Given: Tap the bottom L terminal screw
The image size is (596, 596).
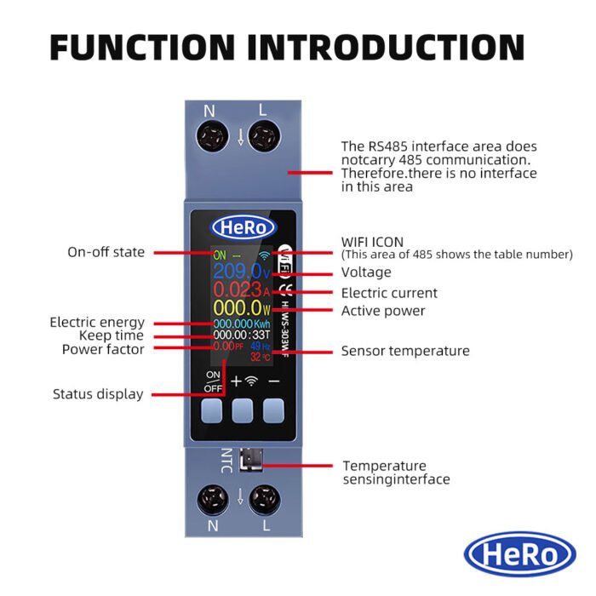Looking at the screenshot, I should click(266, 499).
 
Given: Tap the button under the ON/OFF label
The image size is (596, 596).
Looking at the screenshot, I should click(213, 412).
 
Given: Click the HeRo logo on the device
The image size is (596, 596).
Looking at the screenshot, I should click(244, 227).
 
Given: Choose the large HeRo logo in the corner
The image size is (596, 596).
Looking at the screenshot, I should click(520, 554).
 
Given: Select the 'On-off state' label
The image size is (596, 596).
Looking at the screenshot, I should click(106, 253).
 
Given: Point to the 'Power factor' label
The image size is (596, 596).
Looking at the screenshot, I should click(103, 349).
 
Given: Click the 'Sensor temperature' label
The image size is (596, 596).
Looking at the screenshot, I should click(405, 351).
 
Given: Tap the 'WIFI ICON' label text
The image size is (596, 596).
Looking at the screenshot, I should click(372, 242).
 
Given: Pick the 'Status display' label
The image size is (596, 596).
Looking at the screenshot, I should click(98, 394).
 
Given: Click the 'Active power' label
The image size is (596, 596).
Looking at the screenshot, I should click(383, 311).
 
